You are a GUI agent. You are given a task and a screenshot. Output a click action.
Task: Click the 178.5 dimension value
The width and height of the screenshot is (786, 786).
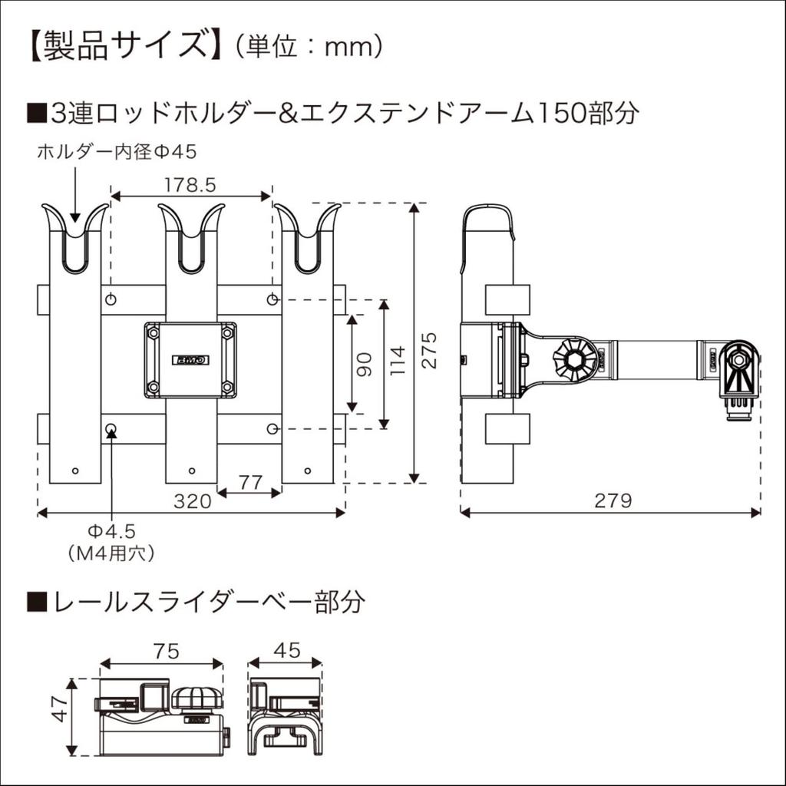coord(190,184)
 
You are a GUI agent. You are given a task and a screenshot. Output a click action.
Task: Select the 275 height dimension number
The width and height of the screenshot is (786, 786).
coord(430,350)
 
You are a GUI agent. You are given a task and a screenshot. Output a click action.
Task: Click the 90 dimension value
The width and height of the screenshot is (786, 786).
coord(365,363)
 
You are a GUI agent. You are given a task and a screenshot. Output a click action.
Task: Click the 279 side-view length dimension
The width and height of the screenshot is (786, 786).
coord(613,501)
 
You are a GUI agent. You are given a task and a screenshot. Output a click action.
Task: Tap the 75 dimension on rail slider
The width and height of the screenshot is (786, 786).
coord(162,651)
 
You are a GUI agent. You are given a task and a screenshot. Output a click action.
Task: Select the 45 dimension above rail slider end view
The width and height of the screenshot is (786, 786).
coord(286,651)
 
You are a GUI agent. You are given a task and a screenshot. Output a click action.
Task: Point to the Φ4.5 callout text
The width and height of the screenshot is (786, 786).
coord(112,531)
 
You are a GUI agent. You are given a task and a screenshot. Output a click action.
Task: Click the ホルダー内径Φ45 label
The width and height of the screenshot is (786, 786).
coord(117,152)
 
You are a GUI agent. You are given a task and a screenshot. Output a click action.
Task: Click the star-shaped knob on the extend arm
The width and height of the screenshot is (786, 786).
coord(574,359)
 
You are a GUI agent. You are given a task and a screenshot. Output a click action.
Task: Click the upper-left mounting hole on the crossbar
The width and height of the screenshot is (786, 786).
coord(111,299)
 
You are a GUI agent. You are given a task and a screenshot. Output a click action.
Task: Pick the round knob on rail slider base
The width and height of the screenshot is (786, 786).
coord(197,698)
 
